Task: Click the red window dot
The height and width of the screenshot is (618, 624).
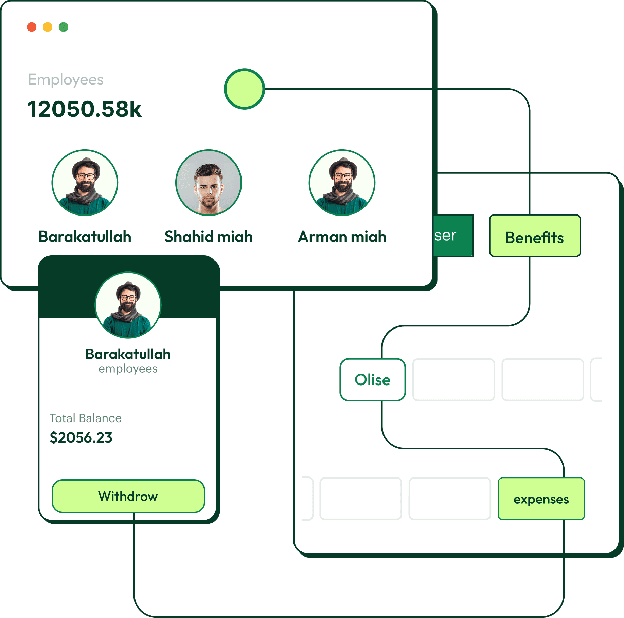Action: point(32,27)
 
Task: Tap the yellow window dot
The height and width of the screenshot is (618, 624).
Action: point(48,27)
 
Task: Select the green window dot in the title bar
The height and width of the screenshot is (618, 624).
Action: point(64,27)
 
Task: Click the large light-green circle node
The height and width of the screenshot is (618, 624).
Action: point(244,89)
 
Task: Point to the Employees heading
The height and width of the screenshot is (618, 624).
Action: point(66,80)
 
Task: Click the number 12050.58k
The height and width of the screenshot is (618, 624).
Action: point(84,109)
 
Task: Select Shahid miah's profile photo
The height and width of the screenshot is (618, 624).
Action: point(209,183)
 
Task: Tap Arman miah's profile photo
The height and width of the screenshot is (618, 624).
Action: point(342,183)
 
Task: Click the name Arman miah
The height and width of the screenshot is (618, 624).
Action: point(342,237)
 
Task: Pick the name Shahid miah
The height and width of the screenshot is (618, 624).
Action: point(209,237)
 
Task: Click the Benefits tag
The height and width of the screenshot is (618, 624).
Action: point(535,236)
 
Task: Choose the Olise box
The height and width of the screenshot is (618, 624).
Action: point(373,380)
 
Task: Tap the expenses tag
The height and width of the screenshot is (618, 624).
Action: point(541,499)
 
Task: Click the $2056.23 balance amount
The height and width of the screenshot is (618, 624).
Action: point(81,437)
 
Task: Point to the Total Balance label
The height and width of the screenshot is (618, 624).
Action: point(86,418)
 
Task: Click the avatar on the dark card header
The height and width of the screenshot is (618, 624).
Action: point(128,305)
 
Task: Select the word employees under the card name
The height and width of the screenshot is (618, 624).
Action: point(128,369)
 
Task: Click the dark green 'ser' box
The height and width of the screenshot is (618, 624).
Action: point(453,236)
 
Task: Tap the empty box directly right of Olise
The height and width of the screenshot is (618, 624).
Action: point(453,380)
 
